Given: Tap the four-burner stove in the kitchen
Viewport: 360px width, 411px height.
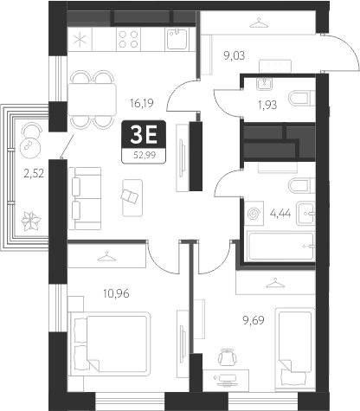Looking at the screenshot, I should coord(130,38).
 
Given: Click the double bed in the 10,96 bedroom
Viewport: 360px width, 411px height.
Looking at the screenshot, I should coord(101,337).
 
